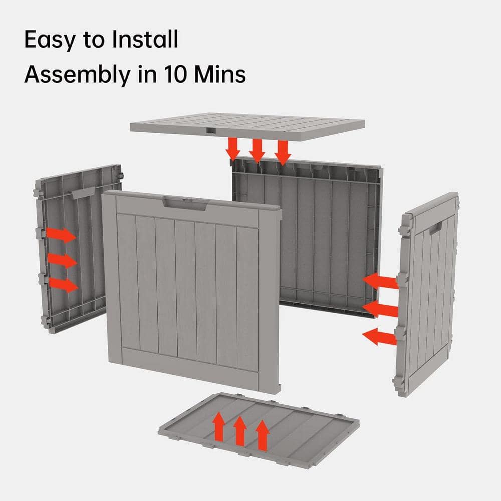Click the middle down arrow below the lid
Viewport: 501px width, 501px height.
click(257, 151)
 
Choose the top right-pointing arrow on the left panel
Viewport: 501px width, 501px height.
click(61, 235)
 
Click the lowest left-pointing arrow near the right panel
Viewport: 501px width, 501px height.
click(379, 336)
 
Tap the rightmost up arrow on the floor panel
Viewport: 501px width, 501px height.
click(262, 434)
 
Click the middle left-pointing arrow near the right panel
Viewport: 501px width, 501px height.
click(379, 308)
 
